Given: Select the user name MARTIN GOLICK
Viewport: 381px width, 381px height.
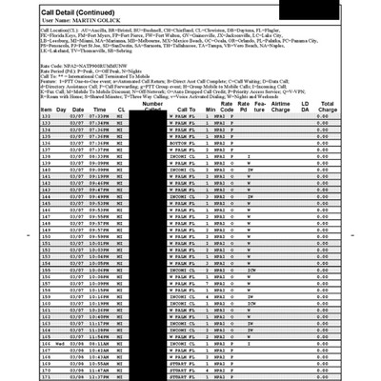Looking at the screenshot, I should click(x=85, y=19).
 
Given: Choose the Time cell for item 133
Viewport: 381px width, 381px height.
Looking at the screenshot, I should click(x=99, y=118).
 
